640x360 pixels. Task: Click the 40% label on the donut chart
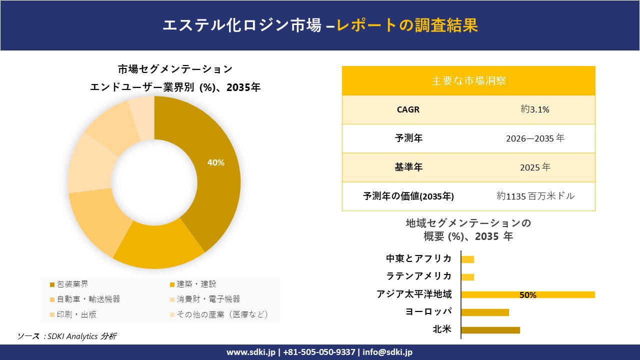pos(216,162)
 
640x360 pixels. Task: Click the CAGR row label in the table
pos(408,109)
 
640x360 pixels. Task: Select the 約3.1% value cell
pos(535,109)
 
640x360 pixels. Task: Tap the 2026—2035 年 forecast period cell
pos(535,138)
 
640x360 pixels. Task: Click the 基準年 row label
pos(408,167)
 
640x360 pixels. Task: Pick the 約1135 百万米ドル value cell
pos(535,196)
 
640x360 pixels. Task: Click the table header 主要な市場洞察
pos(468,80)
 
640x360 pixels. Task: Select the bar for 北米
pos(490,330)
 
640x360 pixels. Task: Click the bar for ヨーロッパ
pos(485,312)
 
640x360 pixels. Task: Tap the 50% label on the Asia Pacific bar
pos(527,295)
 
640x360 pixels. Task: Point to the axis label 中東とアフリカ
pos(418,258)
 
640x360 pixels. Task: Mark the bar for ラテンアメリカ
pos(467,277)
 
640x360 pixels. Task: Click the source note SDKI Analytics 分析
pos(67,336)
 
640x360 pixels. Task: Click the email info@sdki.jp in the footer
pos(387,352)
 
